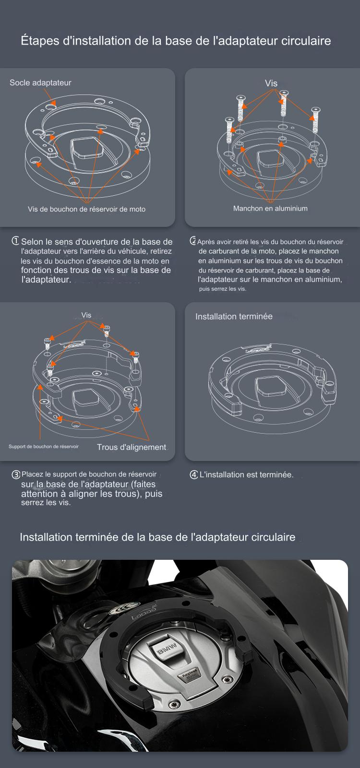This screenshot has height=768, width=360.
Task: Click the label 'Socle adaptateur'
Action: pos(40,83)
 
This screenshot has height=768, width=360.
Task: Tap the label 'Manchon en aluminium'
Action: pos(270,209)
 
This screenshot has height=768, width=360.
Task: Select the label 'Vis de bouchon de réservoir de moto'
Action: pos(86,209)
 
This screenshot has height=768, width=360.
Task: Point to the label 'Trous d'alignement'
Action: pos(132,447)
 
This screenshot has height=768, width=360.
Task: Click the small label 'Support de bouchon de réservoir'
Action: pos(44,447)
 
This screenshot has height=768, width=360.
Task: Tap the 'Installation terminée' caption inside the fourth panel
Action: pos(234,317)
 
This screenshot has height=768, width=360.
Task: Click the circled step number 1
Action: pos(15,241)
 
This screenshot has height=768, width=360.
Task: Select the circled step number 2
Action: pos(193,241)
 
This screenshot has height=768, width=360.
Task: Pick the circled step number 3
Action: pos(16,475)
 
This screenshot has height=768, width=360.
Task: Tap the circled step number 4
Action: pos(194,475)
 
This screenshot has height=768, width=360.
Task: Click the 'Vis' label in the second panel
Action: pos(271,83)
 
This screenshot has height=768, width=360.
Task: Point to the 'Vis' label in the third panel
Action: pos(86,315)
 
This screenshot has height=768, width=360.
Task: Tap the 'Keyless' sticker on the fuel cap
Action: pos(189,673)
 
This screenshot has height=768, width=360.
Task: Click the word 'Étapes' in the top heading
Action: pos(40,41)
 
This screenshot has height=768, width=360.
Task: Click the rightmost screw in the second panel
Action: pos(315,120)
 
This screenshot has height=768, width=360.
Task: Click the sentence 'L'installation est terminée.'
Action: pos(246,475)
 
